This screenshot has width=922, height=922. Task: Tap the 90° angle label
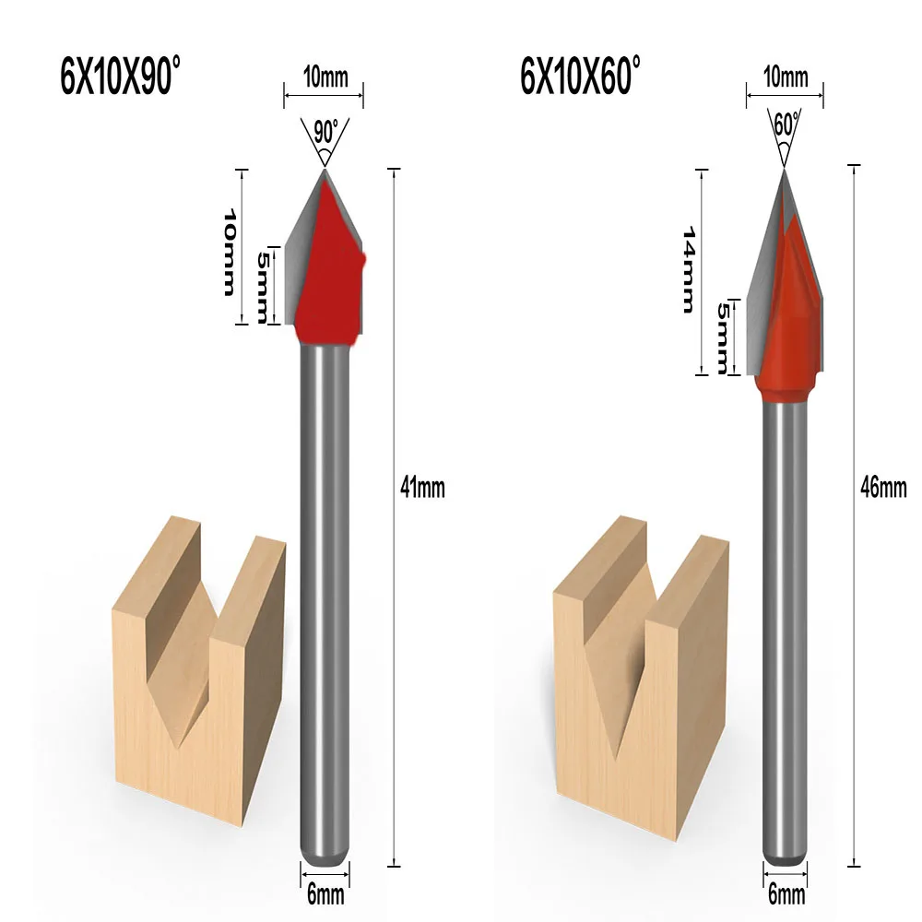(323, 133)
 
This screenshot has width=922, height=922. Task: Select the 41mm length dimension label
(423, 489)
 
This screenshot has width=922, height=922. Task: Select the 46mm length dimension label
(883, 489)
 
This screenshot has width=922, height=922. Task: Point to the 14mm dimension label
(687, 271)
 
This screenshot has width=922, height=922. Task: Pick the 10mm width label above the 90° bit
(324, 77)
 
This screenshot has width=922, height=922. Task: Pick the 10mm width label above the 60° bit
(785, 77)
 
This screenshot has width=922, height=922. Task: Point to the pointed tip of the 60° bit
(784, 171)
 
